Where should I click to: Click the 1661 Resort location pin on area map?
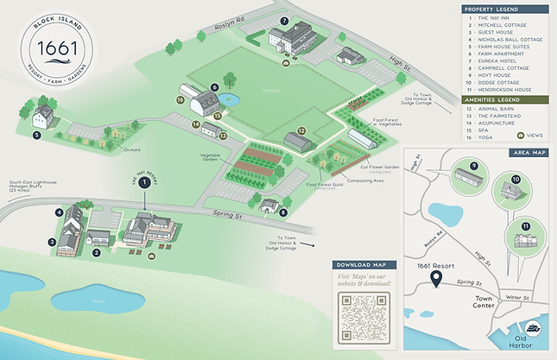[x=436, y=279]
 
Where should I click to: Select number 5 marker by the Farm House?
[x=37, y=135]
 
